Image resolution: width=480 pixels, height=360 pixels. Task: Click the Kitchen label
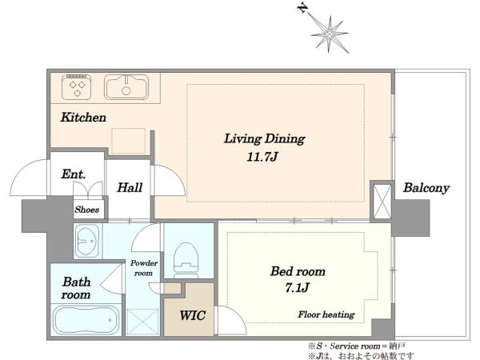(x=83, y=118)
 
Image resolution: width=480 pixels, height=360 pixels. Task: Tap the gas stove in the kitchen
(x=77, y=87)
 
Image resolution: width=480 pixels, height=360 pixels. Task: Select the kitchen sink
(x=126, y=87)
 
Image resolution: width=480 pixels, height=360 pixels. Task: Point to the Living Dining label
(x=265, y=139)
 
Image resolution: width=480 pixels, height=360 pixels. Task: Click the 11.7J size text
(x=262, y=157)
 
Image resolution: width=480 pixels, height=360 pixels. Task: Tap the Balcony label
(x=426, y=188)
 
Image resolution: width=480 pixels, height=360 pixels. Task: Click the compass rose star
(x=330, y=34)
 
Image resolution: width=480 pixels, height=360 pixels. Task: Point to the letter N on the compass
(x=302, y=8)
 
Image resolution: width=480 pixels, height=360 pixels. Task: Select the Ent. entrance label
(x=73, y=174)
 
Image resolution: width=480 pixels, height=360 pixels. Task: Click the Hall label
(x=130, y=188)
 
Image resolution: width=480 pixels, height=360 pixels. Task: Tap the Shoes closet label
(x=87, y=210)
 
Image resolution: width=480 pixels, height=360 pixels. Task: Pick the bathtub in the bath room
(x=86, y=320)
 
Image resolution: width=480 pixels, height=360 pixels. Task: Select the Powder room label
(x=143, y=268)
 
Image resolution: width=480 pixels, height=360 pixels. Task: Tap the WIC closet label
(x=192, y=315)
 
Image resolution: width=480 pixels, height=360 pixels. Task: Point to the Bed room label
(x=298, y=271)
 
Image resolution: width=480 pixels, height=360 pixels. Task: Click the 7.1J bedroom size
(x=297, y=288)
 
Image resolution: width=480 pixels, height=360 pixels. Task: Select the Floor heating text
(x=326, y=314)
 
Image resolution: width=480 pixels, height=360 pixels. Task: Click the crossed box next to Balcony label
(x=382, y=202)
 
